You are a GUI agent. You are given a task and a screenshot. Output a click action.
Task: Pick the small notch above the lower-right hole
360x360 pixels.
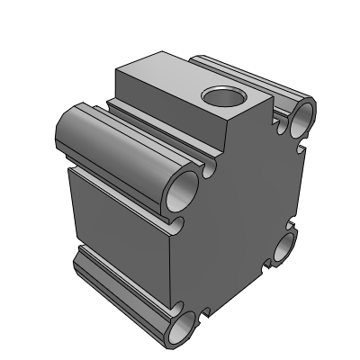click(288, 224)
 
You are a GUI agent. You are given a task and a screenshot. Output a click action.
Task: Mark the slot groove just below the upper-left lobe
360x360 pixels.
click(135, 184)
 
